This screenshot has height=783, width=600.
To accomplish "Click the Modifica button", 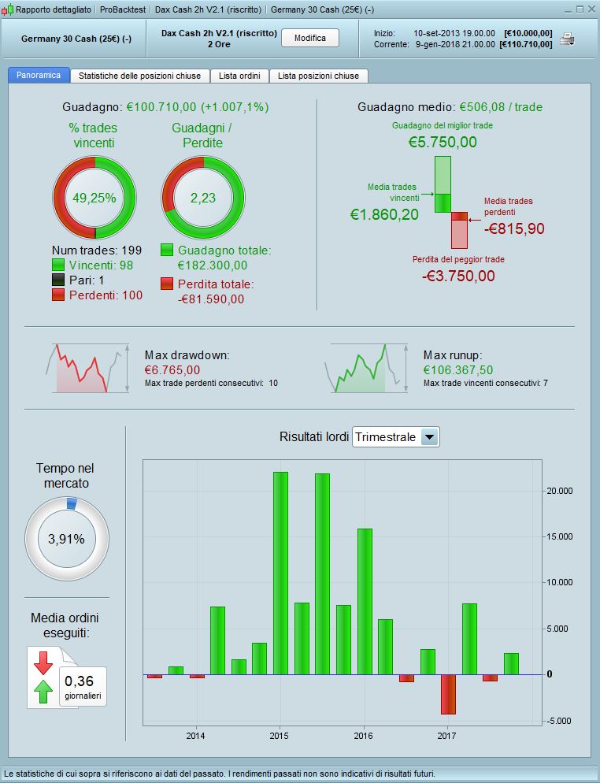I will coord(310,38).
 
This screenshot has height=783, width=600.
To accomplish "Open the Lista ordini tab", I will coord(240,76).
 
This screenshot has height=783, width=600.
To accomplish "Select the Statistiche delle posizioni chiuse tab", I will coord(140,76).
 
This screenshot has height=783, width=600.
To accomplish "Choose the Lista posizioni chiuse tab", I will coord(318,76).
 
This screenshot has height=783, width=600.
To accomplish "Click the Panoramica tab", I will coord(39,76).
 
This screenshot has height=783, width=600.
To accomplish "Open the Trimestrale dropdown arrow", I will coord(429,437).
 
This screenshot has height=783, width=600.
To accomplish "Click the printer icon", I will coord(567,39).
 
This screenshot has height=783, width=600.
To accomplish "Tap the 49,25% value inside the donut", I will coord(94,198).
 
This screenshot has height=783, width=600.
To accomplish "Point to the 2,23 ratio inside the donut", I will coord(203,198).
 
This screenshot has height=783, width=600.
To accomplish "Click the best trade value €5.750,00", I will coord(443,143).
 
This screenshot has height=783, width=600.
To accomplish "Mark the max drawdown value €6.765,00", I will coord(172,369).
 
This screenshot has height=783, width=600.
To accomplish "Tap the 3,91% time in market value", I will coord(67,539).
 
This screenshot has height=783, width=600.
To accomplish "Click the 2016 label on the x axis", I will coord(363,736).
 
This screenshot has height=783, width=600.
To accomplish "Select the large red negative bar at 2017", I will coord(448,694).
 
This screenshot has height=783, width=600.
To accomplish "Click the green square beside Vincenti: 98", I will coord(57,265).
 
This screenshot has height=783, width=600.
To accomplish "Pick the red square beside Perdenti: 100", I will coord(57,294).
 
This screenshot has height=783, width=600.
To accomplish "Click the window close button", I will coord(591,9).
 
